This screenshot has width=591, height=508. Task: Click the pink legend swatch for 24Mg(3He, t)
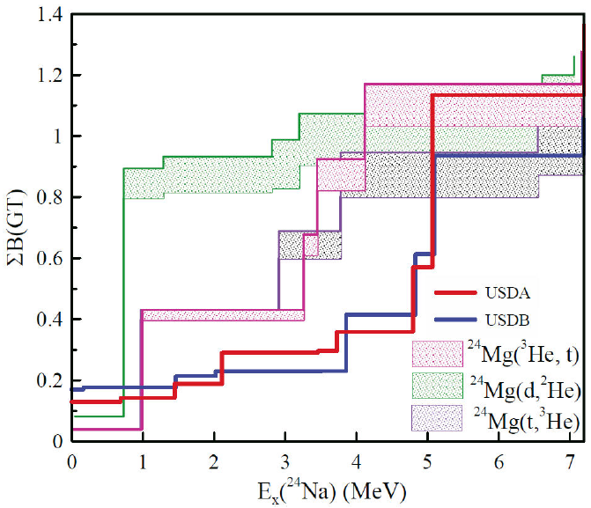click(437, 352)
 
